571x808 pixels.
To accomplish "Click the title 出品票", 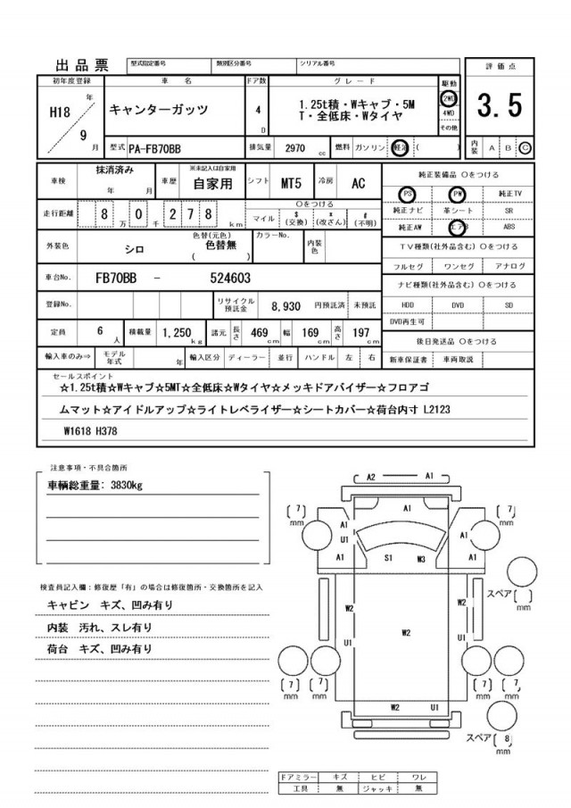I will point(82,65).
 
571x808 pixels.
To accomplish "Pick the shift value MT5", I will point(292,183).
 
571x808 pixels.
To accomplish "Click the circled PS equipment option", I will point(407,193).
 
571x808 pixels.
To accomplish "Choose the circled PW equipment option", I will point(458,193).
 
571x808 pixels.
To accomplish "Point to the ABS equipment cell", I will point(509,226).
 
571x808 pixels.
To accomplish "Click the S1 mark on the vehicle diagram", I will point(389,558).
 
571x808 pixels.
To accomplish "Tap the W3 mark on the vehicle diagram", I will point(421,559).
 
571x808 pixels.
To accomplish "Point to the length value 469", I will point(261,332).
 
